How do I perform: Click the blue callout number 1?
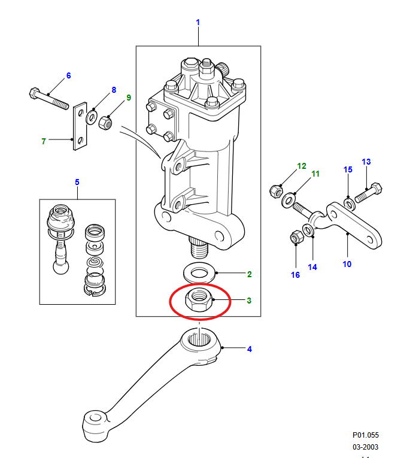tap(198, 22)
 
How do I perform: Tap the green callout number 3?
tap(249, 301)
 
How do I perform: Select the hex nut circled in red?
tap(199, 300)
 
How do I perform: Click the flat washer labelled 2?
tap(199, 273)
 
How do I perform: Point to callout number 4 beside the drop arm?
tap(249, 349)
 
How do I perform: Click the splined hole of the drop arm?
tap(199, 339)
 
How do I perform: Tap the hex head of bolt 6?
tap(35, 93)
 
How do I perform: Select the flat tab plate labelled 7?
tap(80, 126)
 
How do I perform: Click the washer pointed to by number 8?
tap(92, 117)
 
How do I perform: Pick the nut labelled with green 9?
tap(105, 123)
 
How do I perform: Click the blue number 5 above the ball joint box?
tap(77, 182)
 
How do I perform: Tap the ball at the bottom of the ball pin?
tap(60, 267)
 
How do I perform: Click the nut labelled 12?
tap(276, 192)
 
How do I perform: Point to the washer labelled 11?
tap(289, 201)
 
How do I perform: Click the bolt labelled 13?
tap(369, 193)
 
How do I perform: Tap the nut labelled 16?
tap(297, 237)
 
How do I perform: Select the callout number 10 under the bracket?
tap(347, 264)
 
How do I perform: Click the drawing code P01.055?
tap(366, 435)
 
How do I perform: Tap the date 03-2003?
tap(366, 447)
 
